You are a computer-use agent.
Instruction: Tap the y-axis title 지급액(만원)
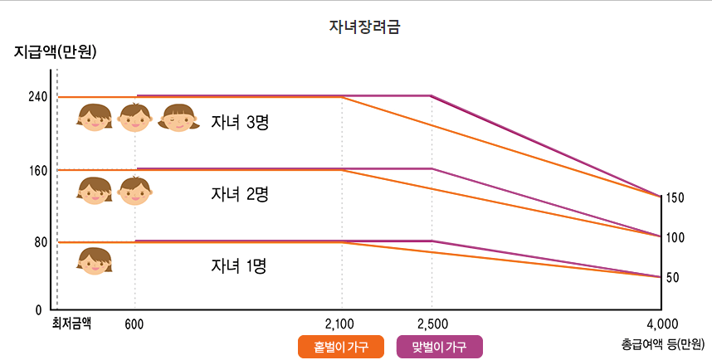[56, 53]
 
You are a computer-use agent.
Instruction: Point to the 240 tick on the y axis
[37, 96]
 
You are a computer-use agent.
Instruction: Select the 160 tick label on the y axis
[37, 169]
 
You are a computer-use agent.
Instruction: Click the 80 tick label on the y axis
[40, 242]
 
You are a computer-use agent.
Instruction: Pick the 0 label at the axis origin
[39, 310]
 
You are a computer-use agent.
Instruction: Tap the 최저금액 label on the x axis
[71, 324]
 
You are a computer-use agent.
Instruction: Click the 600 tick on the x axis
[134, 324]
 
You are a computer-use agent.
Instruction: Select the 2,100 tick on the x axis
[339, 324]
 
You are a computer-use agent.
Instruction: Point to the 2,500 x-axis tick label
[432, 324]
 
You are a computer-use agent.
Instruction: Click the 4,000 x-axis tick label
[662, 324]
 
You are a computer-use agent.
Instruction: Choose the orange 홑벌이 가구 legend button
[340, 347]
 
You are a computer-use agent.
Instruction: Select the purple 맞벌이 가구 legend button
[440, 347]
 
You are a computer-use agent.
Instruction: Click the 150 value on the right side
[675, 198]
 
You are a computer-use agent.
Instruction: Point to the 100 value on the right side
[675, 237]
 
